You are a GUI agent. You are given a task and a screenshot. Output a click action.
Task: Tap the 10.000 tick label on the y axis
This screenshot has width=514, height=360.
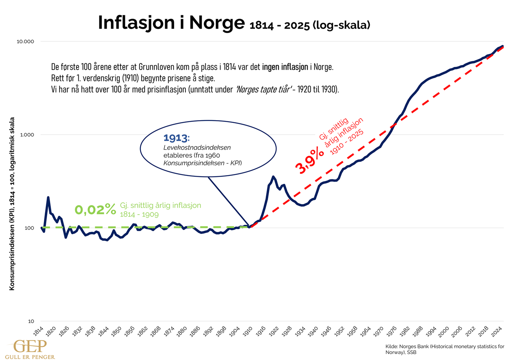pos(26,41)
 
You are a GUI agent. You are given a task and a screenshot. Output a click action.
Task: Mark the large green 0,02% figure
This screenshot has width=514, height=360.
pos(95,209)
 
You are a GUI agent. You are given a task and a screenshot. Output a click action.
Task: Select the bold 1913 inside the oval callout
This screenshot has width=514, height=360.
pos(176,138)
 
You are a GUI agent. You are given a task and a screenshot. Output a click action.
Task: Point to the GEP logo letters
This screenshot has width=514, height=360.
pos(30,345)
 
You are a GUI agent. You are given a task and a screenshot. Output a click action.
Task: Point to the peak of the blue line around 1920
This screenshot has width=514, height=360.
pos(273,177)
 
